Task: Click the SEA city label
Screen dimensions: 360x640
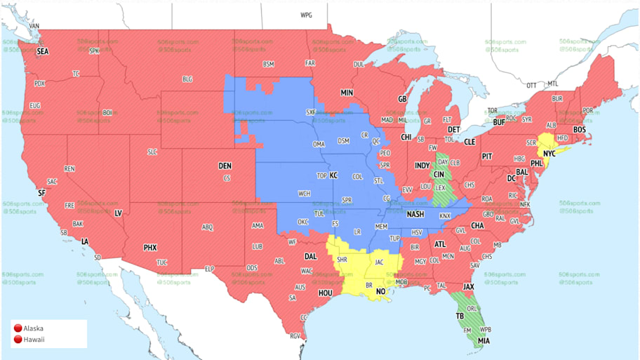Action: pyautogui.click(x=42, y=51)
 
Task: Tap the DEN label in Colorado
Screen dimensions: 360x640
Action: pyautogui.click(x=225, y=166)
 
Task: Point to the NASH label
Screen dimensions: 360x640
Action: pyautogui.click(x=415, y=214)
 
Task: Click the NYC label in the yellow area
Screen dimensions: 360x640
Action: pyautogui.click(x=549, y=152)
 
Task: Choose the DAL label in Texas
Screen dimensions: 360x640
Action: pyautogui.click(x=311, y=256)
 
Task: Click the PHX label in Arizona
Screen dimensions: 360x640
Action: pyautogui.click(x=150, y=248)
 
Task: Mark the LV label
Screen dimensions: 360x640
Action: pyautogui.click(x=118, y=212)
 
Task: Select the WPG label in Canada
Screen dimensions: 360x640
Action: pyautogui.click(x=307, y=15)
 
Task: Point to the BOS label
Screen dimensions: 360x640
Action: pyautogui.click(x=580, y=130)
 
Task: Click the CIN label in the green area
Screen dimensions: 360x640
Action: pyautogui.click(x=439, y=175)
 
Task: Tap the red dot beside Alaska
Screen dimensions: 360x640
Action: pyautogui.click(x=17, y=328)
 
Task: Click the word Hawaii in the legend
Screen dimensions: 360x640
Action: pyautogui.click(x=34, y=340)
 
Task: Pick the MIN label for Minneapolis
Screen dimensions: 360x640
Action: pyautogui.click(x=347, y=92)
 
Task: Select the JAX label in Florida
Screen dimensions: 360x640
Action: pyautogui.click(x=469, y=287)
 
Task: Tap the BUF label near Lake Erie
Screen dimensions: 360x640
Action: pyautogui.click(x=499, y=122)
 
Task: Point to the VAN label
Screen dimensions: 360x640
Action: pyautogui.click(x=34, y=26)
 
